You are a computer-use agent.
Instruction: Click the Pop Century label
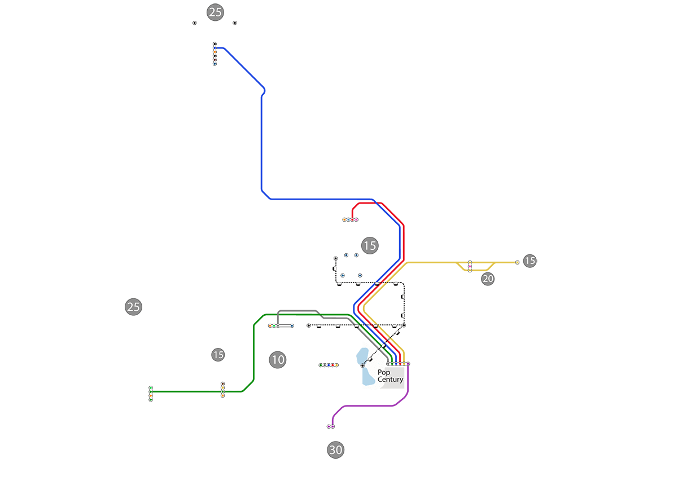click(390, 376)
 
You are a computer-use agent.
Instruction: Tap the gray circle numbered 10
click(277, 360)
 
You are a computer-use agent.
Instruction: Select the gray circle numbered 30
click(335, 450)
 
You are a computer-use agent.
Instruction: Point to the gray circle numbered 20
click(488, 279)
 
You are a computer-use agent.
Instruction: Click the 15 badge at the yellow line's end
click(530, 261)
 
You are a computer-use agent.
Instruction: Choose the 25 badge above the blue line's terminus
click(215, 12)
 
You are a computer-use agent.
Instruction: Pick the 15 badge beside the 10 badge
click(218, 355)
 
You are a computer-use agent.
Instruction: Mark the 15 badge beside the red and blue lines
click(369, 245)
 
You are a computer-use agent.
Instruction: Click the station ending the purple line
click(331, 426)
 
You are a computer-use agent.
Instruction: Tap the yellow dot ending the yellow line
click(517, 262)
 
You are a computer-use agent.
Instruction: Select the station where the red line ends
click(351, 219)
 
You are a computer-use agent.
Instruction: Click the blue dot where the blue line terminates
click(215, 48)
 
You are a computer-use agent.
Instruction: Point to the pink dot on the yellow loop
click(470, 266)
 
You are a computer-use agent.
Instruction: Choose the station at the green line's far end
click(151, 393)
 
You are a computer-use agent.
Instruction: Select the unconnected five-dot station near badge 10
click(329, 365)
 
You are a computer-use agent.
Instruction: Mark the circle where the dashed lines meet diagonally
click(404, 325)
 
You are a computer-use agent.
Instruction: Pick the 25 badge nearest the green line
click(133, 307)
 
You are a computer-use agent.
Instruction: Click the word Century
click(391, 380)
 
